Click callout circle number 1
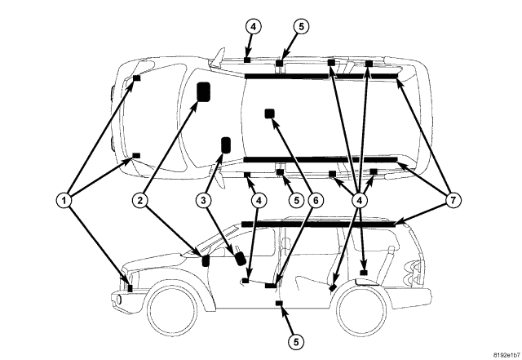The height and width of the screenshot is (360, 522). click(x=64, y=198)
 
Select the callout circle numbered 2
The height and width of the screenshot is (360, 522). click(x=141, y=198)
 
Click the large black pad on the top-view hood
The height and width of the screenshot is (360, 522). click(x=203, y=91)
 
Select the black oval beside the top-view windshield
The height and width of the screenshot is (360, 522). click(x=225, y=146)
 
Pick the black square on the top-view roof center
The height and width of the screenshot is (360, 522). click(x=268, y=113)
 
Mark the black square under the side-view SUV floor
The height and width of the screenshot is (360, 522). click(x=279, y=304)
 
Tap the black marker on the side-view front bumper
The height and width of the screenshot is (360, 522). click(x=128, y=284)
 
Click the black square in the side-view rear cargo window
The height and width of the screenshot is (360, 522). click(x=364, y=270)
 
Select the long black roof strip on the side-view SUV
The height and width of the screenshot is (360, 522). click(x=318, y=223)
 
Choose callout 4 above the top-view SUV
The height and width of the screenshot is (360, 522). click(x=253, y=26)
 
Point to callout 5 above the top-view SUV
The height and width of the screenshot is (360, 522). click(x=299, y=26)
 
